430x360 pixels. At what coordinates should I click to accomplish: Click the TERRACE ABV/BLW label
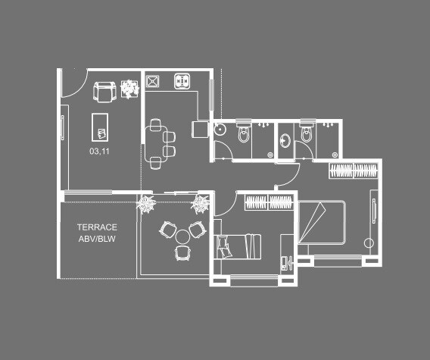(x=96, y=233)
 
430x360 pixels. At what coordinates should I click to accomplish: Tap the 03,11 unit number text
(x=100, y=151)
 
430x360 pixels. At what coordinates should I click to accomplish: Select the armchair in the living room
(x=103, y=92)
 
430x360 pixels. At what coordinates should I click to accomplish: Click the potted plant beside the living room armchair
(x=130, y=89)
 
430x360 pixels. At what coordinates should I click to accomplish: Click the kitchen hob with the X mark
(x=153, y=80)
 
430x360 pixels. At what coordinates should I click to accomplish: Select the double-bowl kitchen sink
(x=182, y=80)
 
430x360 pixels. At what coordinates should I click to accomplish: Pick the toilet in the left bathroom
(x=242, y=134)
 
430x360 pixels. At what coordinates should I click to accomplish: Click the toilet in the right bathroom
(x=306, y=133)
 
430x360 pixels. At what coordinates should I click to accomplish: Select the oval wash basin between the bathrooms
(x=284, y=139)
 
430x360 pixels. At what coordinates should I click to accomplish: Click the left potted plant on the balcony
(x=146, y=202)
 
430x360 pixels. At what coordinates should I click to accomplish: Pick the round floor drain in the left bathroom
(x=220, y=130)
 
